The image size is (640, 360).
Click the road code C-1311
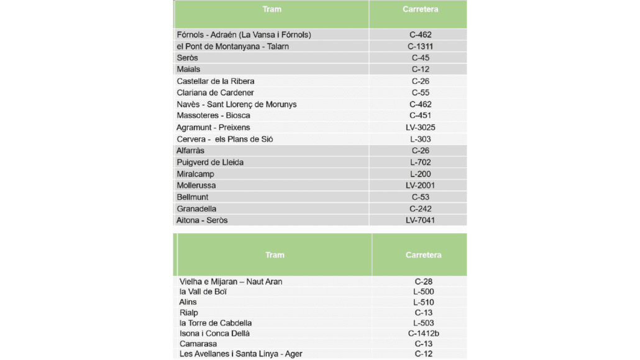coord(420,47)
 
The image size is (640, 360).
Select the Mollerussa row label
coord(196,185)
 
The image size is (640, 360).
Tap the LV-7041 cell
coord(420,221)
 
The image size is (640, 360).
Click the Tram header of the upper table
coord(272,9)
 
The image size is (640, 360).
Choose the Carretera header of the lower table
coord(423,255)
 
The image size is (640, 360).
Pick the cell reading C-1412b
coord(423,333)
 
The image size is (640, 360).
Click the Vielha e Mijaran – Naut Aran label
coord(231,282)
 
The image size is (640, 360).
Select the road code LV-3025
coord(420,127)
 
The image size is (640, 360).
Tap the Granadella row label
coord(196,209)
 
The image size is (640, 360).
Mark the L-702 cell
coord(420,162)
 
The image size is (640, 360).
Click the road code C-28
coord(423,282)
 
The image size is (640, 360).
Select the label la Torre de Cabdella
coord(215,323)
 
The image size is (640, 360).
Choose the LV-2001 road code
coord(420,185)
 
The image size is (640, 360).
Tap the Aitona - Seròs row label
coord(202,221)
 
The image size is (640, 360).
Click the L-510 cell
coord(423,302)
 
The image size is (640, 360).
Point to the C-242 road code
coord(420,209)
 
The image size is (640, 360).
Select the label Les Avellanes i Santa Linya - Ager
coord(240,354)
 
